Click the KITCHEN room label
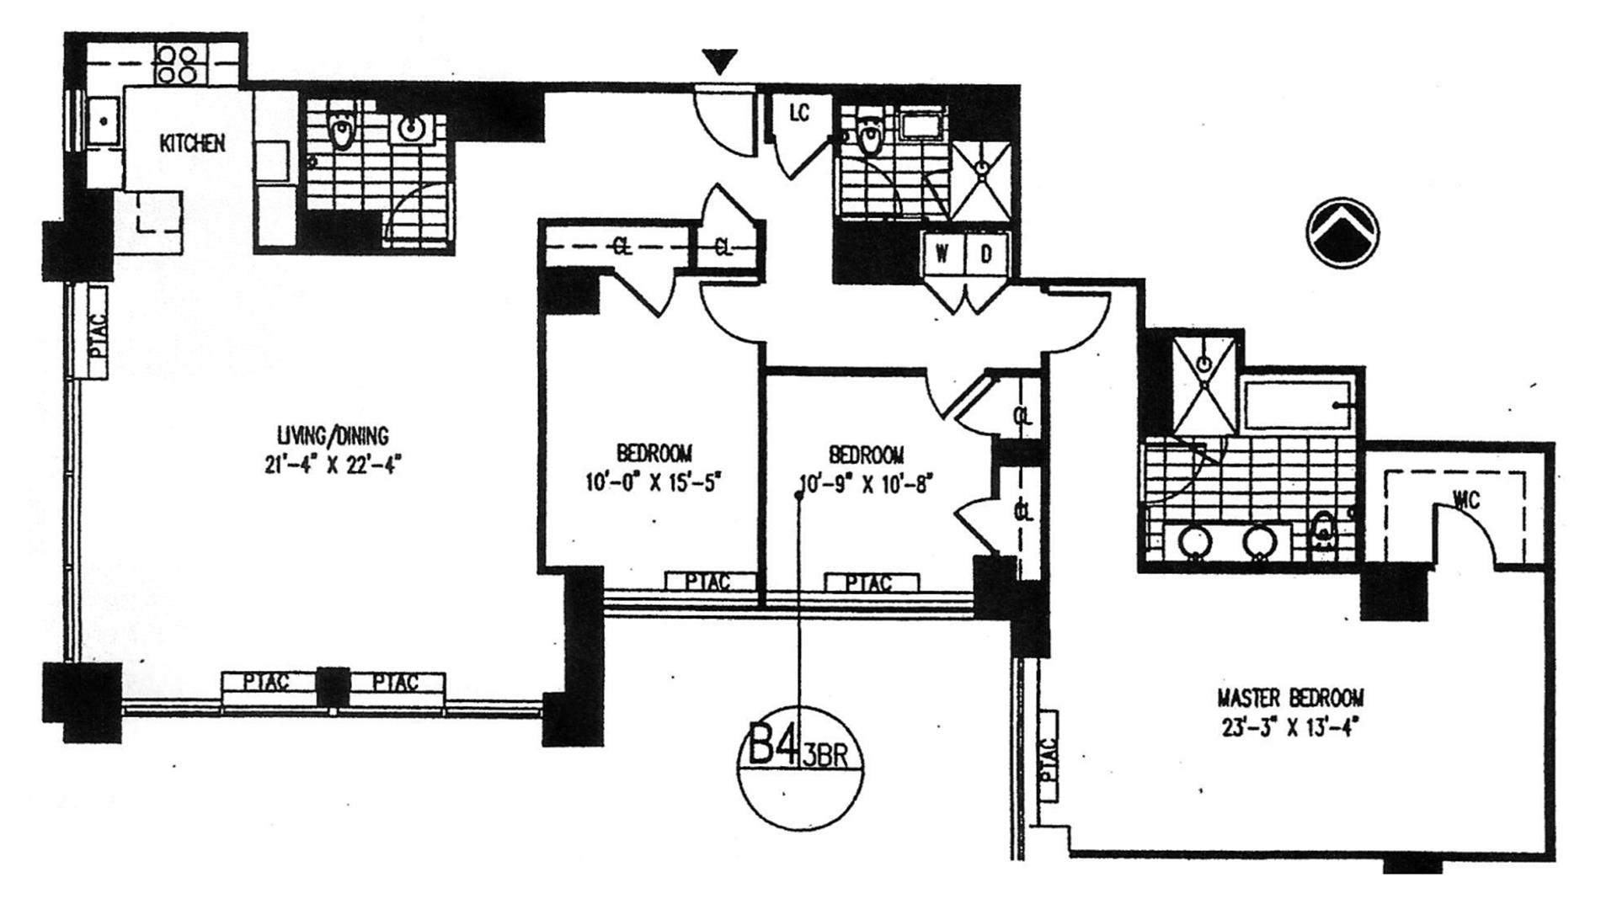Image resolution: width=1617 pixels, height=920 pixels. pyautogui.click(x=192, y=143)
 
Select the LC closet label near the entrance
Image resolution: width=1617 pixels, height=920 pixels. pyautogui.click(x=798, y=112)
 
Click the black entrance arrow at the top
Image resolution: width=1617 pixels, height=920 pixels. pyautogui.click(x=720, y=61)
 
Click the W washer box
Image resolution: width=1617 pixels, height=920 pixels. pyautogui.click(x=942, y=254)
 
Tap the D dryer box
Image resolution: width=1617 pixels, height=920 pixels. pyautogui.click(x=986, y=254)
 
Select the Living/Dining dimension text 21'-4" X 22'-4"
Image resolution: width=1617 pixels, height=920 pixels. pyautogui.click(x=334, y=464)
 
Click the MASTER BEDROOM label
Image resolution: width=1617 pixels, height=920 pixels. pyautogui.click(x=1290, y=698)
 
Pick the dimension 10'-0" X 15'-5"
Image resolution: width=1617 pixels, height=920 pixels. pyautogui.click(x=654, y=483)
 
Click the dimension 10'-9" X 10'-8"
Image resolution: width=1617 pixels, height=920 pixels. pyautogui.click(x=867, y=484)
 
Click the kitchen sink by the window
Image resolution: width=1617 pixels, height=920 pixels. pyautogui.click(x=104, y=123)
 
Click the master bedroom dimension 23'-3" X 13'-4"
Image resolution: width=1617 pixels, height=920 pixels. pyautogui.click(x=1290, y=726)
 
